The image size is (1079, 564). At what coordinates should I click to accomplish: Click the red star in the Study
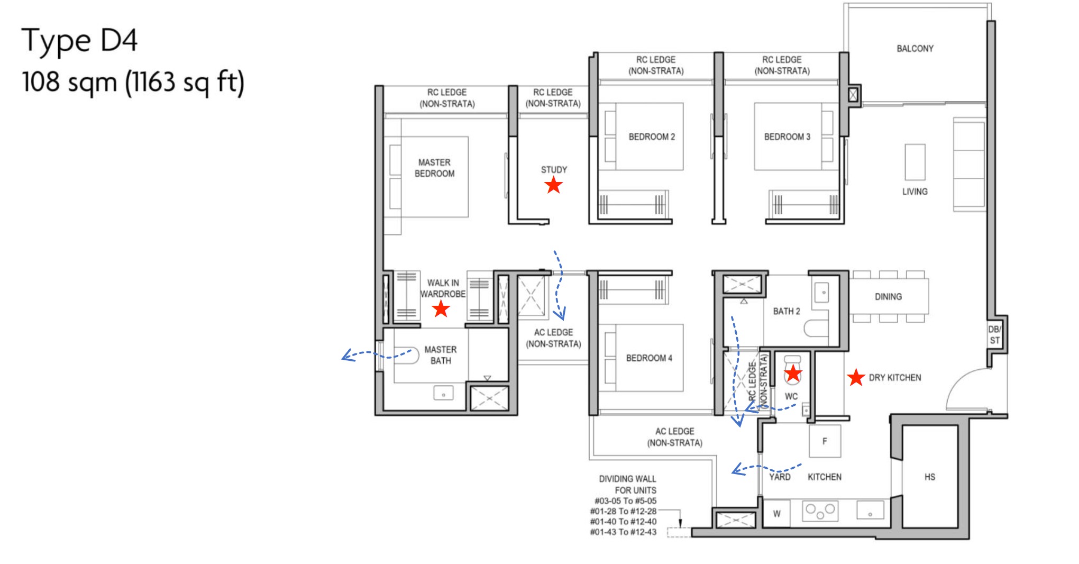pyautogui.click(x=553, y=185)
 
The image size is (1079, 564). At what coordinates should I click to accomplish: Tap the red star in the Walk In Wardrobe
pyautogui.click(x=441, y=309)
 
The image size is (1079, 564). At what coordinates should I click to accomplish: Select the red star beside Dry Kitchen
pyautogui.click(x=855, y=378)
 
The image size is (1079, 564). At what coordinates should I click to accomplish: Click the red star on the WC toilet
pyautogui.click(x=792, y=374)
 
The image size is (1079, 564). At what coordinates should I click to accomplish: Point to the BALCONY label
pyautogui.click(x=915, y=49)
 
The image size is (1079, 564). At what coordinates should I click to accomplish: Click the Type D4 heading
pyautogui.click(x=79, y=40)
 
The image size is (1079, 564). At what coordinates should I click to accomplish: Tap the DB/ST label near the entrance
pyautogui.click(x=994, y=335)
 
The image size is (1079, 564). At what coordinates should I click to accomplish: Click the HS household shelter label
pyautogui.click(x=929, y=477)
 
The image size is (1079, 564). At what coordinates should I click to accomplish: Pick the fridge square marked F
pyautogui.click(x=825, y=441)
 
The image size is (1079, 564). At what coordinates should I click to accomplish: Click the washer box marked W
pyautogui.click(x=776, y=513)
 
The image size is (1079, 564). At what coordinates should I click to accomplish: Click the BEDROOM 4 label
pyautogui.click(x=649, y=358)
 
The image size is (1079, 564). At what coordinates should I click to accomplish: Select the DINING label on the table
pyautogui.click(x=888, y=297)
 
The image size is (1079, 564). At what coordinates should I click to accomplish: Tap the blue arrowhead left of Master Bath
pyautogui.click(x=346, y=356)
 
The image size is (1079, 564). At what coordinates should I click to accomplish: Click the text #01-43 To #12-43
pyautogui.click(x=623, y=532)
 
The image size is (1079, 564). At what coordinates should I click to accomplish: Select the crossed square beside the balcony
pyautogui.click(x=853, y=95)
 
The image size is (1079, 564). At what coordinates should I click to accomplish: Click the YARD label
pyautogui.click(x=779, y=477)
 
